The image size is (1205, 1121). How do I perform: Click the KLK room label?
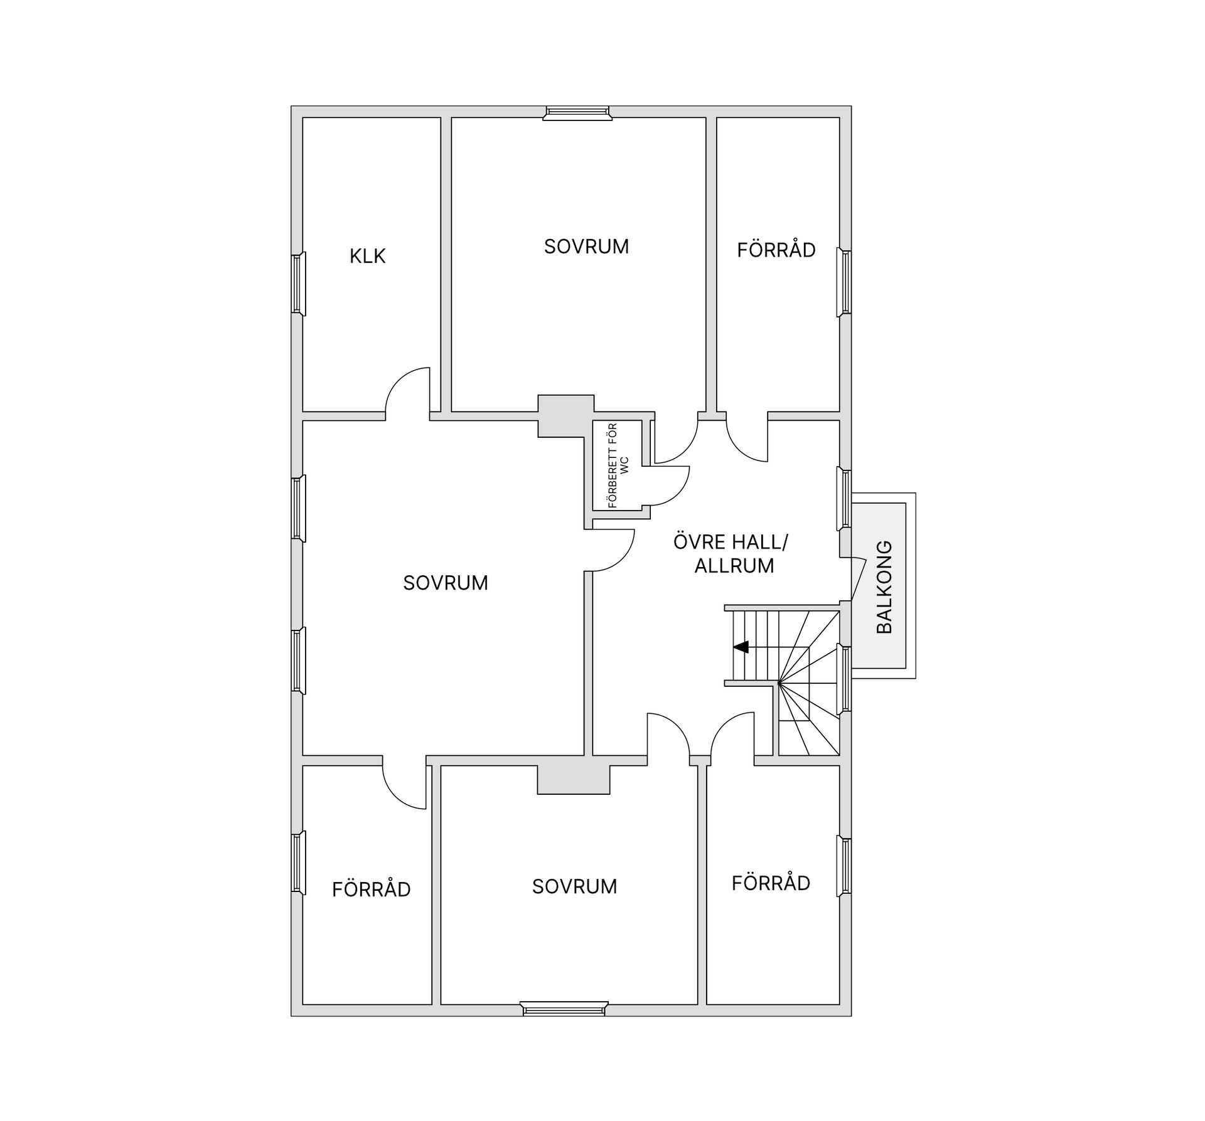(368, 256)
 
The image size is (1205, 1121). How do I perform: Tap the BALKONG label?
(884, 587)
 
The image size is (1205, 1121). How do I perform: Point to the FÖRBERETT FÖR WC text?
(618, 465)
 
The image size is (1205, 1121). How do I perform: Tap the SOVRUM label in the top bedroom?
(586, 247)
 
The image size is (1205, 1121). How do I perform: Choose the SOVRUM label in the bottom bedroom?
(574, 886)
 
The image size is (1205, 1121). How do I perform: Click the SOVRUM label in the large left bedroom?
(446, 583)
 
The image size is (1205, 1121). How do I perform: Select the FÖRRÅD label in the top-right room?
(776, 250)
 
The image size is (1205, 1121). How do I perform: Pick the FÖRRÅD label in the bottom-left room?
(371, 889)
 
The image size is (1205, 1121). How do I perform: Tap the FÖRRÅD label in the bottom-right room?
(771, 883)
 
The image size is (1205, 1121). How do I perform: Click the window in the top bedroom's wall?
(577, 113)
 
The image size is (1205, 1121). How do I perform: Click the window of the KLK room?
(298, 284)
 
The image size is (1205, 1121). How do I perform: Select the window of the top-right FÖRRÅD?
(844, 282)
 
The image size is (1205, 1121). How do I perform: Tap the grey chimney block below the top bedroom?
(565, 416)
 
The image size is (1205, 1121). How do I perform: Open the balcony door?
(859, 580)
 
